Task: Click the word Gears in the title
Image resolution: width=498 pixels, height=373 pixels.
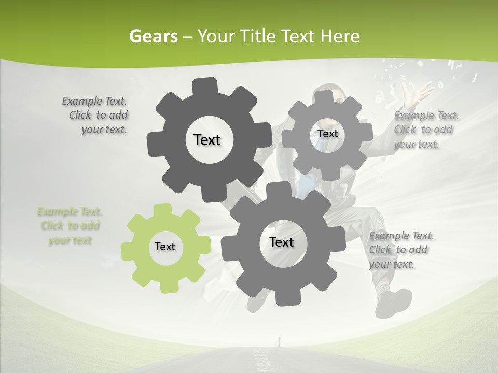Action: (154, 36)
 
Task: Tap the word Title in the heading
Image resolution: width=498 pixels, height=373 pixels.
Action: (257, 36)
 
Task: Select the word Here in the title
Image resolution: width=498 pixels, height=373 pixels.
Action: (340, 36)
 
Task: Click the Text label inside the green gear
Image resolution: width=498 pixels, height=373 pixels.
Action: (165, 247)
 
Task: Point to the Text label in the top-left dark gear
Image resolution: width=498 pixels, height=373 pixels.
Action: (207, 140)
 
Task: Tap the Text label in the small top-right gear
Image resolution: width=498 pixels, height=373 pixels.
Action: (327, 134)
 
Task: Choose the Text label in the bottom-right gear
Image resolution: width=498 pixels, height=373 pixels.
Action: (282, 242)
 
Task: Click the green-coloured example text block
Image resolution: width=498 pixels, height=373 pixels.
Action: (70, 226)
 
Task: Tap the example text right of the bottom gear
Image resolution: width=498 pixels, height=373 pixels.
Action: (400, 250)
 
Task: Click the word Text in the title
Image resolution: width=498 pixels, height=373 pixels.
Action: (298, 36)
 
